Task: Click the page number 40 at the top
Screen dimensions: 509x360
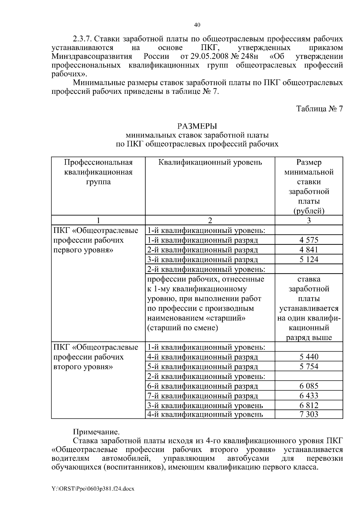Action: [x=197, y=25]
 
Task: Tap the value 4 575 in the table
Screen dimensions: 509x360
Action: [x=309, y=240]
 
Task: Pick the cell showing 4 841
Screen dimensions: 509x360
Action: [x=309, y=250]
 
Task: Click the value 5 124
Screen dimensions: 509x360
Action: [x=309, y=259]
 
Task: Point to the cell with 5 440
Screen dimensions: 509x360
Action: [x=309, y=357]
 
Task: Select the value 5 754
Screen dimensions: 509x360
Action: [x=309, y=366]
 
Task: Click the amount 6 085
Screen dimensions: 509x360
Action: [x=309, y=386]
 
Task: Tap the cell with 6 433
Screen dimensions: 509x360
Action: [x=309, y=396]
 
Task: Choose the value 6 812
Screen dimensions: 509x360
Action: [x=309, y=406]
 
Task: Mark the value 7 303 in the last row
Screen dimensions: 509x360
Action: [x=309, y=415]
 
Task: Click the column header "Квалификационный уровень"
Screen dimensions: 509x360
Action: [x=210, y=162]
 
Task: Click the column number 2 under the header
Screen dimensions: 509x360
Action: [x=210, y=220]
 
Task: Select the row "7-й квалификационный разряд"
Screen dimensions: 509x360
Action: [x=203, y=396]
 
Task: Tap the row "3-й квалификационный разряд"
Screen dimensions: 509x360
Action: [x=203, y=260]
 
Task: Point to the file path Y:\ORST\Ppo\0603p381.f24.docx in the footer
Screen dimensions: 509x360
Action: [x=93, y=489]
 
